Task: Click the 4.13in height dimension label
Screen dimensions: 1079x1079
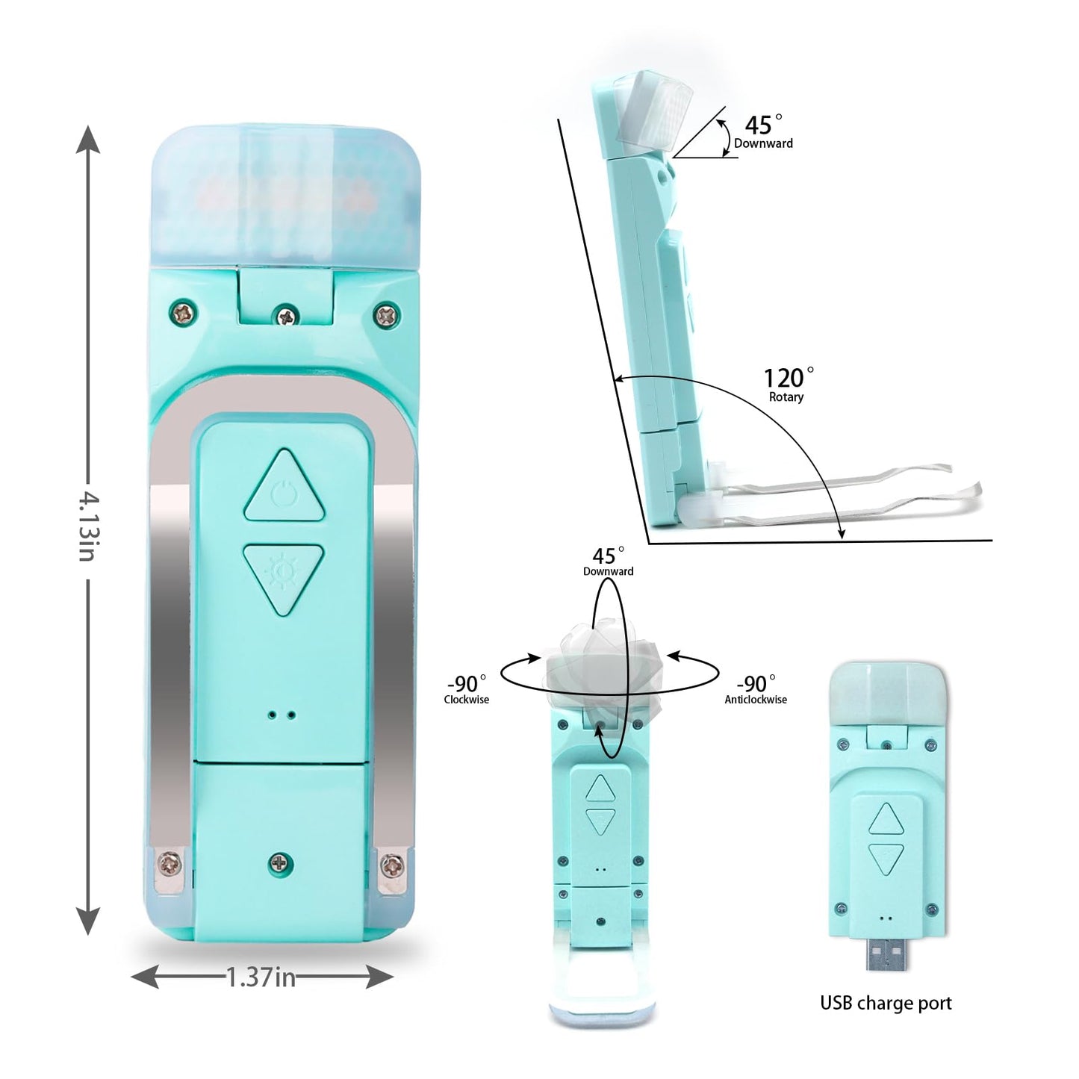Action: pos(88,526)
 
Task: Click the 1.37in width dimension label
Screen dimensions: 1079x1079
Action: pos(261,977)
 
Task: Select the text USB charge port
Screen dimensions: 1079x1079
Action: pos(886,1003)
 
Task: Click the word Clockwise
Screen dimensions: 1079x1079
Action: pos(467,700)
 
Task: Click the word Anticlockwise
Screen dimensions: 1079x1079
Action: pos(756,700)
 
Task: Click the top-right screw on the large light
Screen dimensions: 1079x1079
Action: pos(386,314)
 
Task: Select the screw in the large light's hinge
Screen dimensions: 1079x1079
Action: pos(284,316)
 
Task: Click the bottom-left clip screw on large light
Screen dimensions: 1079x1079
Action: pos(170,865)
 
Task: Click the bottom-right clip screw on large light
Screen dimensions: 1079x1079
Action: pos(392,866)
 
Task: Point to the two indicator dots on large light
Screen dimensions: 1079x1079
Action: pos(282,715)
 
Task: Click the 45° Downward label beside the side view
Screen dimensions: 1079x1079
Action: pos(763,132)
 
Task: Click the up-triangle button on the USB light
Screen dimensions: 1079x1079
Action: pos(886,819)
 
